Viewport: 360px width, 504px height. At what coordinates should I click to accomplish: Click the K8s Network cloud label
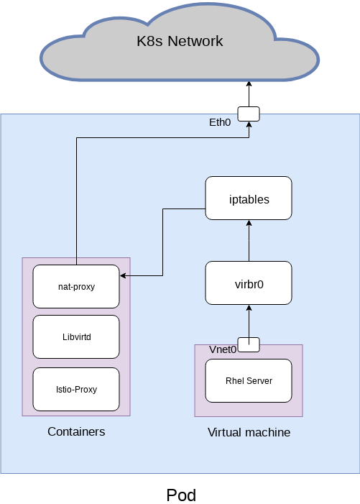tap(180, 41)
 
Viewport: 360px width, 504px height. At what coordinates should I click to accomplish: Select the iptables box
tap(249, 198)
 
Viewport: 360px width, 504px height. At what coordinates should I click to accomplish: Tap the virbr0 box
tap(249, 283)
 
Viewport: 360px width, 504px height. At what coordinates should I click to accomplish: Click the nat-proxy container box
tap(76, 286)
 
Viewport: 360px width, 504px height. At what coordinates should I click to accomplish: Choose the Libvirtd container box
tap(76, 336)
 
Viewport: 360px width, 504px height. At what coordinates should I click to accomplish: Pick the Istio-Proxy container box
tap(76, 389)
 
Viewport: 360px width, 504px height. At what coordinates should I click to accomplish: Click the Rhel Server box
tap(249, 380)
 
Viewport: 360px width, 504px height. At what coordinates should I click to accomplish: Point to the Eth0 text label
tap(220, 122)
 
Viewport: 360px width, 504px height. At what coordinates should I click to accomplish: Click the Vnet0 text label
tap(223, 349)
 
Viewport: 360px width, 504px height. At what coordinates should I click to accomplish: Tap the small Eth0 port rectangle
tap(249, 114)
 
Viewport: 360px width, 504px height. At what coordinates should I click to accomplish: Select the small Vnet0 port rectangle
tap(249, 344)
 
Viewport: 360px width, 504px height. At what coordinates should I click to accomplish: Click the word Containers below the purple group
tap(76, 431)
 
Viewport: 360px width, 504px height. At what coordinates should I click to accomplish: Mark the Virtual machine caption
tap(249, 432)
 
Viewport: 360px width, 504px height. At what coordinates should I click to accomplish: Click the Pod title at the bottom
tap(180, 495)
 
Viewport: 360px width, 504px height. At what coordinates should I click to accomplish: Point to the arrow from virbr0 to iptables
tap(249, 241)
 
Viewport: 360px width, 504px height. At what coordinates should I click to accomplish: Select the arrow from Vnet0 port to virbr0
tap(249, 321)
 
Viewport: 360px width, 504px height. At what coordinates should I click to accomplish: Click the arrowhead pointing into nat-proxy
tap(124, 275)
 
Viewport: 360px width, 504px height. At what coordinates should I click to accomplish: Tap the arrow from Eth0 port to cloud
tap(249, 93)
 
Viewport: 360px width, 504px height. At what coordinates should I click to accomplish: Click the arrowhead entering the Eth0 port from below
tap(249, 124)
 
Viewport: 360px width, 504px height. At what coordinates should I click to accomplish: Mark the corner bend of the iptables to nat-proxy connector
tap(163, 209)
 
